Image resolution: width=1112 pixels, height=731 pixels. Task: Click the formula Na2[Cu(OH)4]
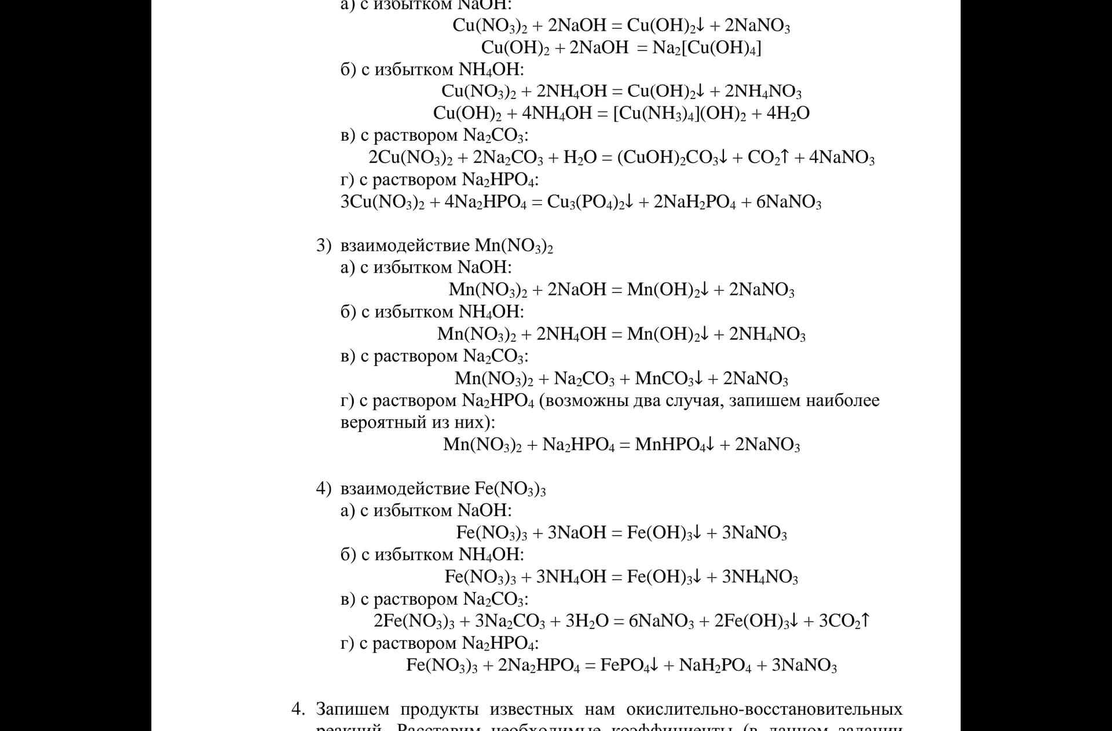click(x=707, y=47)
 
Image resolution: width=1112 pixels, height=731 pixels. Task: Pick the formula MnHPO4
click(x=671, y=445)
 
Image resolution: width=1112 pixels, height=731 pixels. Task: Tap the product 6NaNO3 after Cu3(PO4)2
click(x=788, y=202)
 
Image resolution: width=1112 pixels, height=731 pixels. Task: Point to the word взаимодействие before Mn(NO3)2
click(x=405, y=246)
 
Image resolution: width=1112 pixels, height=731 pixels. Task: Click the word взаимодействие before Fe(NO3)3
click(x=405, y=489)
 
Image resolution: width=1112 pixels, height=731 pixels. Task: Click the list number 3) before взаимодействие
click(x=323, y=246)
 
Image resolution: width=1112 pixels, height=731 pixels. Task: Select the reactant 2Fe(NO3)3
click(x=414, y=621)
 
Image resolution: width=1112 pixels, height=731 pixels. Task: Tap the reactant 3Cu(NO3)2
click(x=382, y=202)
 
